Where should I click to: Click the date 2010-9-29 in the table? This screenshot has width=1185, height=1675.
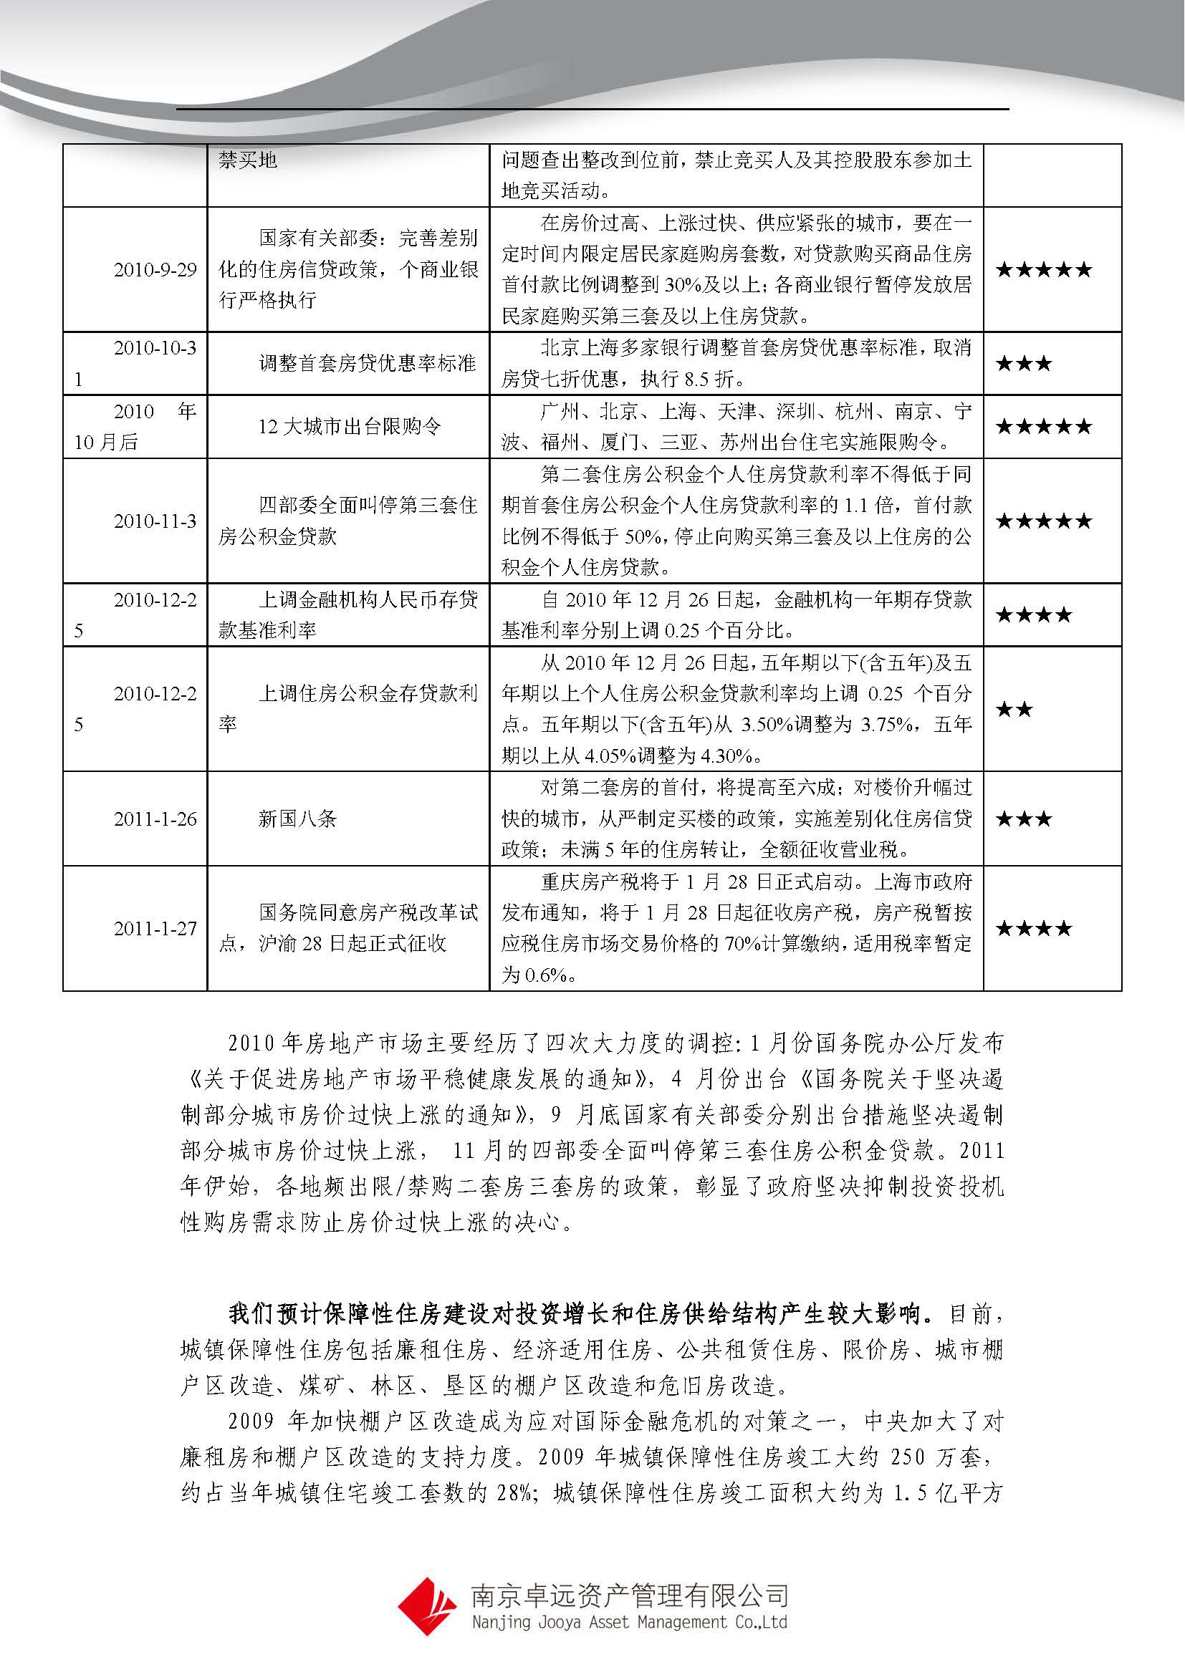(155, 270)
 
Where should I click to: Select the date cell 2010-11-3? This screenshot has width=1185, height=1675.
(155, 521)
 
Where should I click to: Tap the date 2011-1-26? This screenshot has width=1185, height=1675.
(155, 819)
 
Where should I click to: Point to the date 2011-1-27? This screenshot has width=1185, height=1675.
(155, 929)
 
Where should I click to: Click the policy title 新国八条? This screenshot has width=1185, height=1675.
(297, 819)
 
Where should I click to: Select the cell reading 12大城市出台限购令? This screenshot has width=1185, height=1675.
(350, 427)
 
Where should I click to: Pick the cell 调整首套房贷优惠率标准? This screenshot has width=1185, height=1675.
(367, 363)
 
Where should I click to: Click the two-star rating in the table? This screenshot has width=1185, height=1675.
(1014, 709)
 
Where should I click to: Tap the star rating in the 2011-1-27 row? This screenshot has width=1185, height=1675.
(1034, 929)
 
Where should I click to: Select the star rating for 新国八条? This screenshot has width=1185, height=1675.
(1024, 819)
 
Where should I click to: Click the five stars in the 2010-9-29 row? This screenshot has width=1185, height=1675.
(1043, 270)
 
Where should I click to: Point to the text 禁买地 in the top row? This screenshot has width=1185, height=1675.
(248, 160)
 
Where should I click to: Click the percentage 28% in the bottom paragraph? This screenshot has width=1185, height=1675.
(514, 1492)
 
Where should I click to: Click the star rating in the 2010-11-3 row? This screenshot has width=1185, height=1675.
(1043, 521)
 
